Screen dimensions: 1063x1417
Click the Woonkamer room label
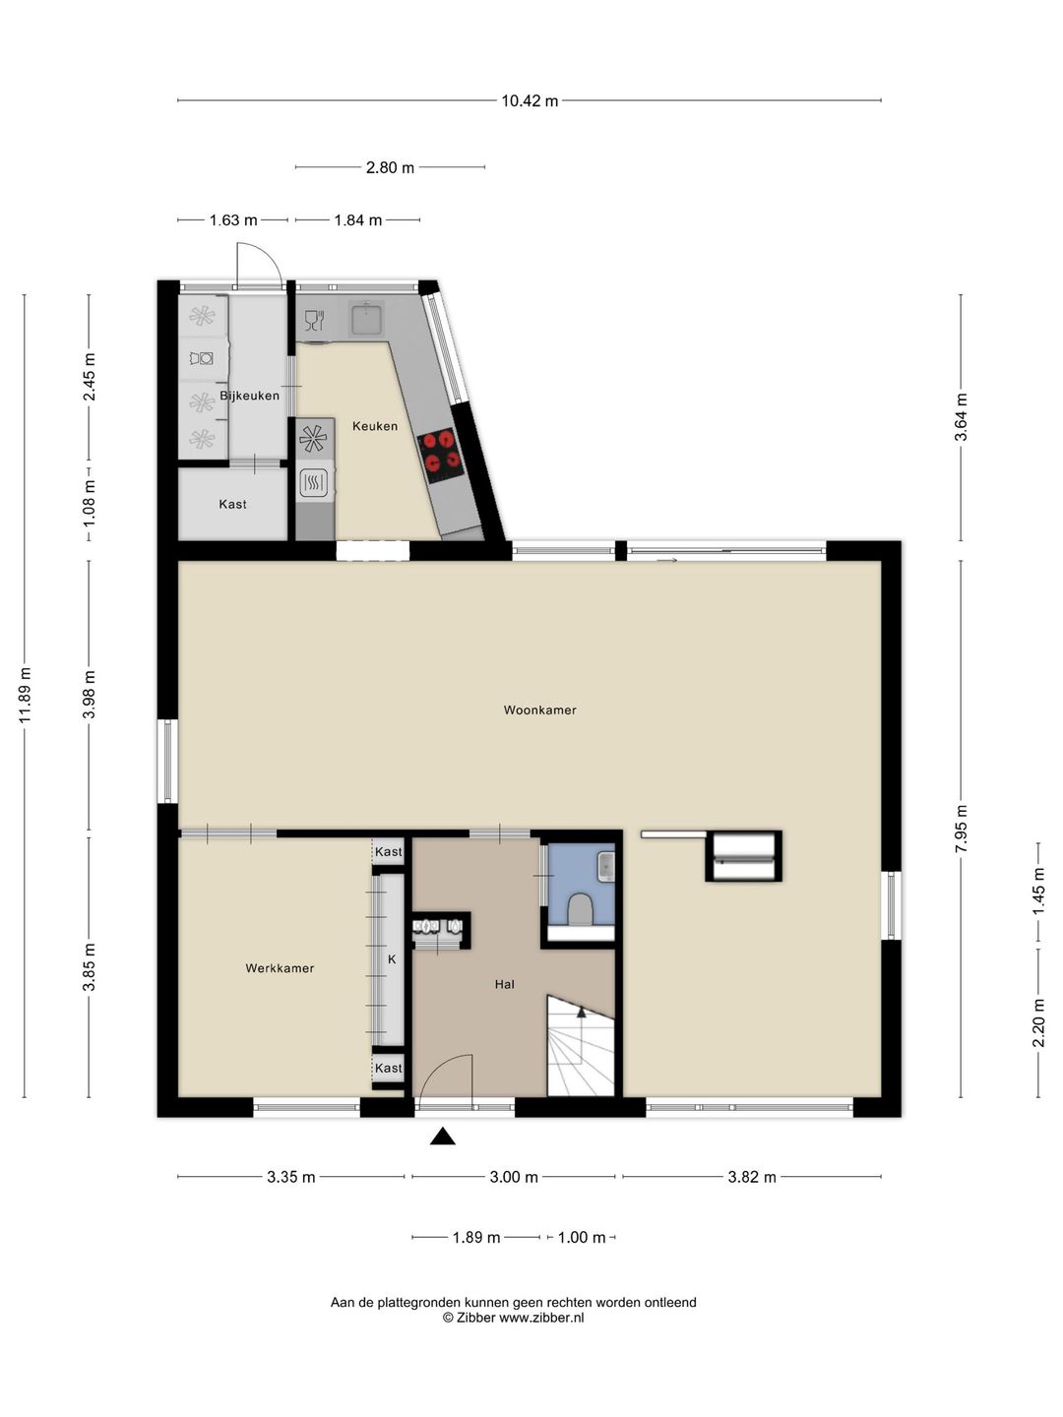539,710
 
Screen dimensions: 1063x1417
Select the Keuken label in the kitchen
375,426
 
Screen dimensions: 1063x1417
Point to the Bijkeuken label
250,396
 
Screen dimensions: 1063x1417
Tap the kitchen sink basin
366,319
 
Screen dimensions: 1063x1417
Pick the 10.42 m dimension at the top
530,100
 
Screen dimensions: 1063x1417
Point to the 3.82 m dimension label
752,1177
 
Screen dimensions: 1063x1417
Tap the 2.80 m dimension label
390,168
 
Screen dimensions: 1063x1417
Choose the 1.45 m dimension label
1038,891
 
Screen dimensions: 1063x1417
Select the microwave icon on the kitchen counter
315,481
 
